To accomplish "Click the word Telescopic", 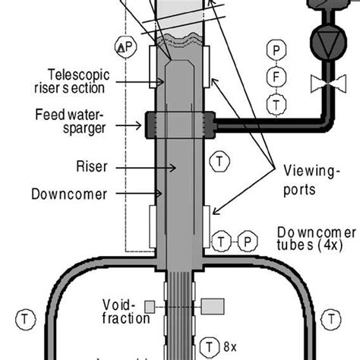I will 76,74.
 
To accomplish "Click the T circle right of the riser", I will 217,160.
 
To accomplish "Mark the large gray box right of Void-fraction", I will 213,305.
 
